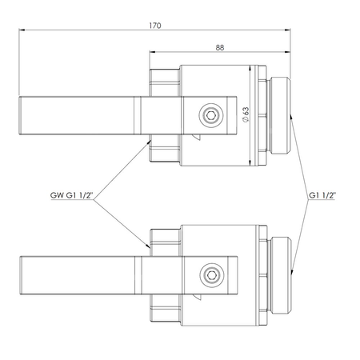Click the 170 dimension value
tap(155, 26)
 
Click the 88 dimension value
tap(220, 48)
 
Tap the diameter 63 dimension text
tap(246, 114)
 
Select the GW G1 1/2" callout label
tap(71, 195)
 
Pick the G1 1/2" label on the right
tap(322, 195)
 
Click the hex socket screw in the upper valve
tap(211, 115)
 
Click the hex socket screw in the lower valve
tap(212, 275)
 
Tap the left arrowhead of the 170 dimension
tap(22, 30)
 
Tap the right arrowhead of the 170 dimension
tap(288, 30)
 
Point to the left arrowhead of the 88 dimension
tap(152, 52)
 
